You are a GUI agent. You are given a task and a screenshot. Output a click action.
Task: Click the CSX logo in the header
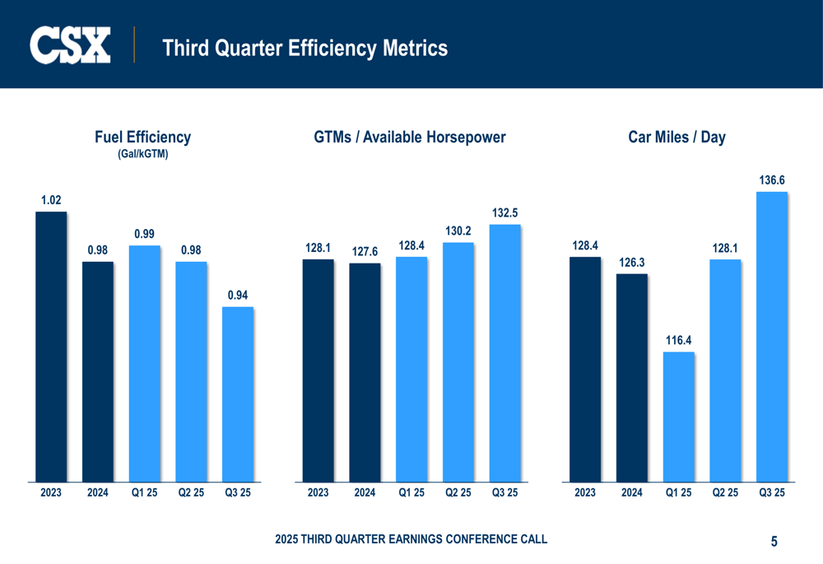(70, 45)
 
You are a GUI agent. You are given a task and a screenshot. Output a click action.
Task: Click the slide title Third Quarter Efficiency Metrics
(305, 49)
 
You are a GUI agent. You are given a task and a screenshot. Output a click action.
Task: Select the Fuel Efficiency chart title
(142, 138)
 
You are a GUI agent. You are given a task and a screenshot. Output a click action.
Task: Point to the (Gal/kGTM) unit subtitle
(142, 154)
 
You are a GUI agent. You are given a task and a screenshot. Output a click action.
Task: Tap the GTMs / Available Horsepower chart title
(410, 138)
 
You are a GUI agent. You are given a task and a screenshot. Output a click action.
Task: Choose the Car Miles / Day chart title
(677, 138)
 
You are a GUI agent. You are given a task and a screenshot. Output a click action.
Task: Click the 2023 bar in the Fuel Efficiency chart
(51, 346)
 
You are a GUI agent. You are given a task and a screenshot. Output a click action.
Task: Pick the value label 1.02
(51, 200)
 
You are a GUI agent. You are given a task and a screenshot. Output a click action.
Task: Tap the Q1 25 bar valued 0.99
(145, 362)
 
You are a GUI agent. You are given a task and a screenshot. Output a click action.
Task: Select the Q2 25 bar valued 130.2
(458, 361)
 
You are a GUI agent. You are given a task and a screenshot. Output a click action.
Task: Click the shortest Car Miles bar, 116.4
(679, 416)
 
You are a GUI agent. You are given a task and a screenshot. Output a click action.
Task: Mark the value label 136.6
(771, 179)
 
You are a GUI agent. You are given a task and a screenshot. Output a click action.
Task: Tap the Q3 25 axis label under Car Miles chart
(771, 493)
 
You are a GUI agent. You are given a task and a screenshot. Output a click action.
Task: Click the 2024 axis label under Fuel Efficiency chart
(98, 493)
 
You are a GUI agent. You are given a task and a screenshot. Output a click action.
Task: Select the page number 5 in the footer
(774, 542)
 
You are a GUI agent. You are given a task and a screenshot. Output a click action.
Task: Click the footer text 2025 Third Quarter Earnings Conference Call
(411, 539)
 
